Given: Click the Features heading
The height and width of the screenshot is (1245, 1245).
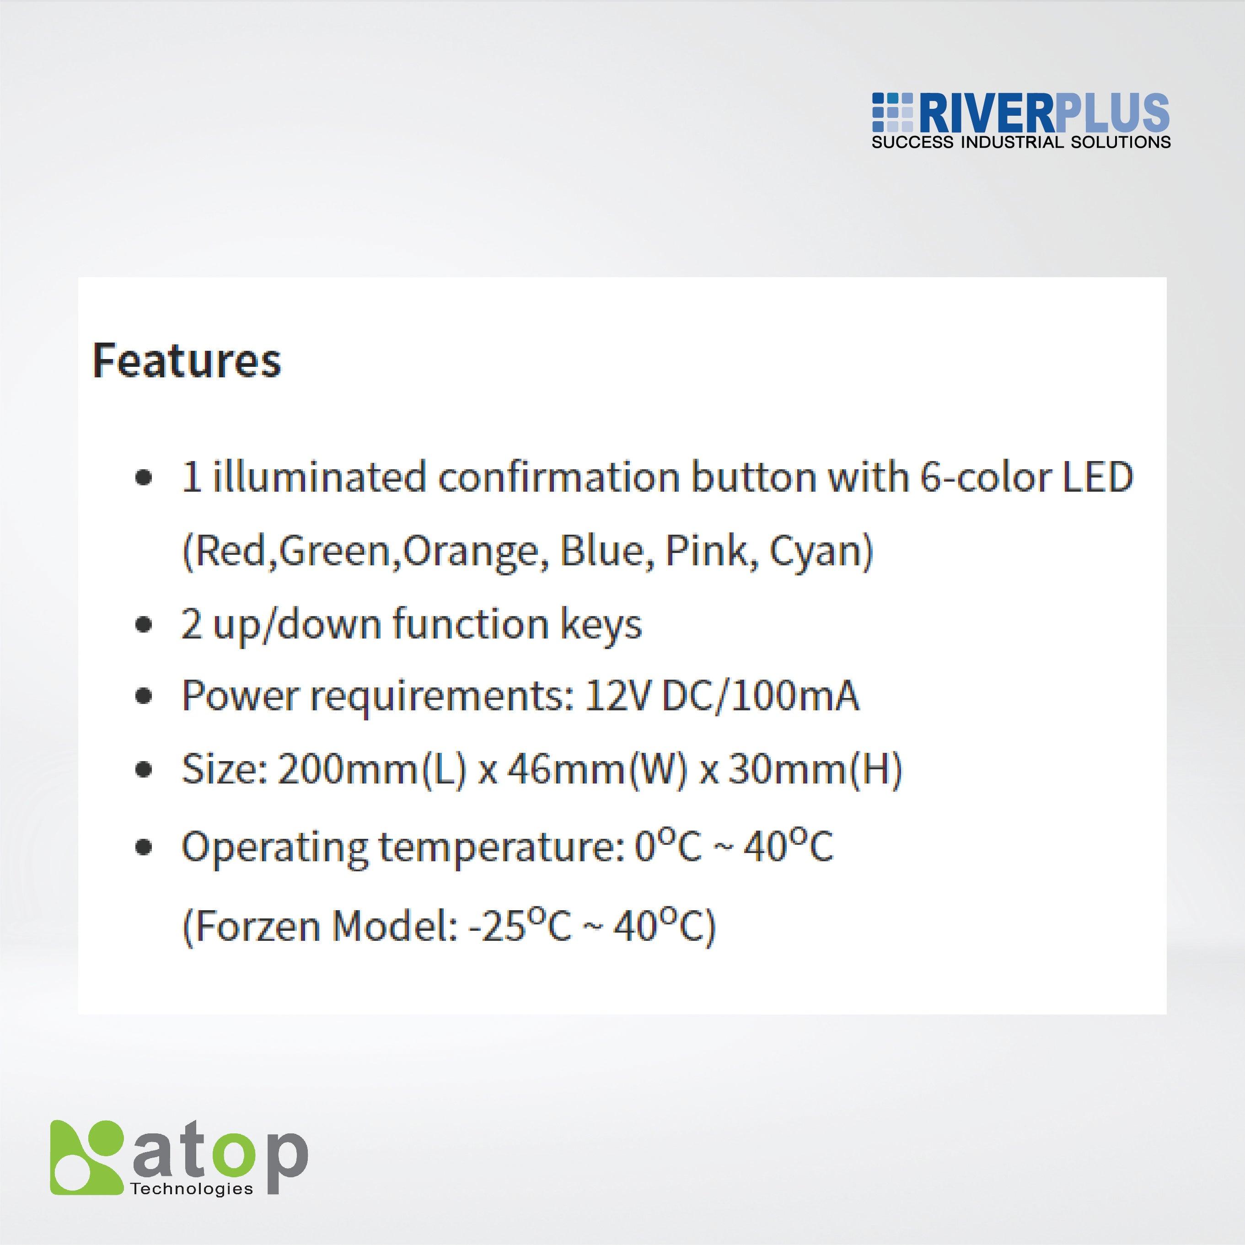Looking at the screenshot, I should pyautogui.click(x=187, y=360).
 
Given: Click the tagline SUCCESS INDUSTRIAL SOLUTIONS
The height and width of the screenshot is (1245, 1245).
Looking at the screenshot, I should pyautogui.click(x=1021, y=142).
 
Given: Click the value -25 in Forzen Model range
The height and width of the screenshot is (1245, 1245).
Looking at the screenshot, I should pyautogui.click(x=493, y=927).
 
